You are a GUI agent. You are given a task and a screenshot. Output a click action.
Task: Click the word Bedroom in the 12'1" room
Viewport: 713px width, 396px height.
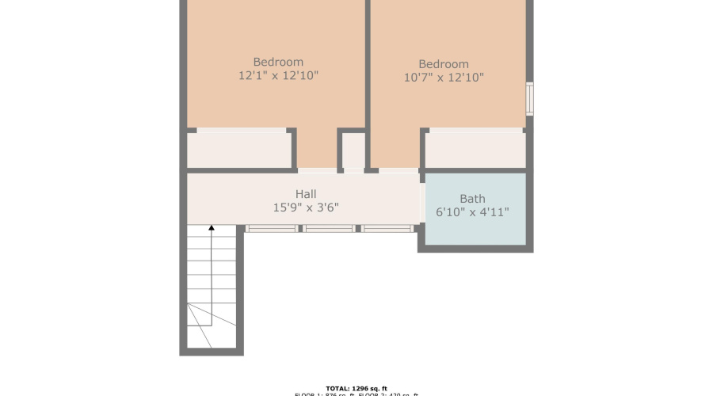tap(278, 62)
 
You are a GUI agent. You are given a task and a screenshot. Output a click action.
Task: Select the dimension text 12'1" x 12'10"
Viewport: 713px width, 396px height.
tap(278, 76)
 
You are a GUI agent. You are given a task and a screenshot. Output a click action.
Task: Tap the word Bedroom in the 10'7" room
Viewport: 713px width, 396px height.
tap(444, 64)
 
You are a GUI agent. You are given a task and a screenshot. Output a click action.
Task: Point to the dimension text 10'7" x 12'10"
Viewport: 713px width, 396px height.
tap(444, 78)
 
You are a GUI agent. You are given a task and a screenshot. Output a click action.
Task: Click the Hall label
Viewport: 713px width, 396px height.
tap(306, 193)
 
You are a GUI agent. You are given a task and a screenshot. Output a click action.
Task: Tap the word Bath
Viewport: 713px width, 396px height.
tap(472, 199)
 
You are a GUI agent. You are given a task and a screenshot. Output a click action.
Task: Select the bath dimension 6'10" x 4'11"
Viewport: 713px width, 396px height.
tap(472, 212)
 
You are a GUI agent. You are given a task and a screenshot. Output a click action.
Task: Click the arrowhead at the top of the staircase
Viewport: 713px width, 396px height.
tap(212, 229)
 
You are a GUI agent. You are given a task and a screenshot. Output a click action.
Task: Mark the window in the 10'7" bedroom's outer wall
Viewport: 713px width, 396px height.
tap(530, 99)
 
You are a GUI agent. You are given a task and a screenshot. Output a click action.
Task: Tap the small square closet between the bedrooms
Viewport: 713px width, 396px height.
tap(353, 150)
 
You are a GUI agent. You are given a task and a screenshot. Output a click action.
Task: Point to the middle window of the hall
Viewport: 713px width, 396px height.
tap(330, 228)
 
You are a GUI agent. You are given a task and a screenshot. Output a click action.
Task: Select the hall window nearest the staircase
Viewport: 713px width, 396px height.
tap(271, 228)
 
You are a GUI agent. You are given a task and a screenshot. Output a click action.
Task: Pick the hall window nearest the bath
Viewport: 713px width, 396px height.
tap(388, 228)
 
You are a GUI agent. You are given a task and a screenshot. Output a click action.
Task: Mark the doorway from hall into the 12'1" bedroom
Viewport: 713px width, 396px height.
tap(317, 170)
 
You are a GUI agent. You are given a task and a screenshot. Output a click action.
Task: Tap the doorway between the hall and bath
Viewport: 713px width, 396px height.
tap(421, 198)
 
